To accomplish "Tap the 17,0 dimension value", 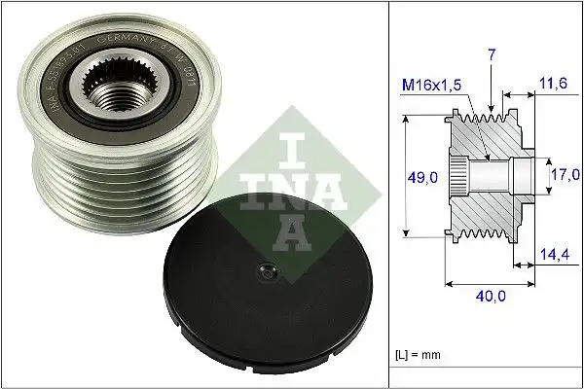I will coord(564,176).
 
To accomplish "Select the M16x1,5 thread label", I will coord(433,88).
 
